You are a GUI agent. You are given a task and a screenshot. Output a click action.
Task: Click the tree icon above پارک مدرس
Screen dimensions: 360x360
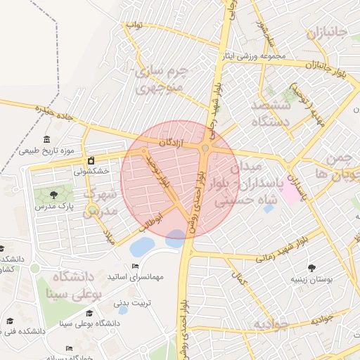pos(54,193)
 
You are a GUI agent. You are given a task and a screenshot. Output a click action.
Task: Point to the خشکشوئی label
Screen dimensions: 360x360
pos(91,171)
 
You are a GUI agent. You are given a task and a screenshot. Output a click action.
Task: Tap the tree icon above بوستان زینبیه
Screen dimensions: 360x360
pos(311,267)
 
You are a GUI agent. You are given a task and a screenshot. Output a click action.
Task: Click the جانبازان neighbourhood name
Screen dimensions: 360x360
pos(327,33)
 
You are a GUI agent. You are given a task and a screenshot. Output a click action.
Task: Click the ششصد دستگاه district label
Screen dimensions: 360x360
pos(271,112)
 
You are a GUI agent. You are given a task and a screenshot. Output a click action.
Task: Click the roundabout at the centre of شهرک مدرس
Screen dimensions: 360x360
pos(93,209)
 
